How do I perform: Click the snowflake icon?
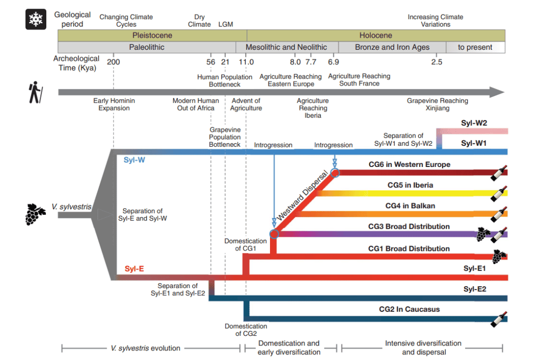[x=36, y=20]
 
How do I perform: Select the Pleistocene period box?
[x=152, y=35]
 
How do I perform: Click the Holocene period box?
[x=376, y=35]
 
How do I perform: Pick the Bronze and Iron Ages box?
[x=392, y=47]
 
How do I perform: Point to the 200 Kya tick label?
[x=114, y=62]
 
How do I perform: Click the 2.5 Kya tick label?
[x=436, y=62]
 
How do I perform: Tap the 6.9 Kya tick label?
[x=333, y=62]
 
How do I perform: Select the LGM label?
[x=226, y=24]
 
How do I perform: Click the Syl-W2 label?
[x=474, y=123]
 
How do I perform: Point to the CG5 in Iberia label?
[x=410, y=185]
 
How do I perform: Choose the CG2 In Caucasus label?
[x=409, y=309]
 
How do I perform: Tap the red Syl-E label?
[x=134, y=269]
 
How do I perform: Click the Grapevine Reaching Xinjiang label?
[x=437, y=104]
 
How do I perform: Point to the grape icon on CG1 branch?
[x=499, y=255]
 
